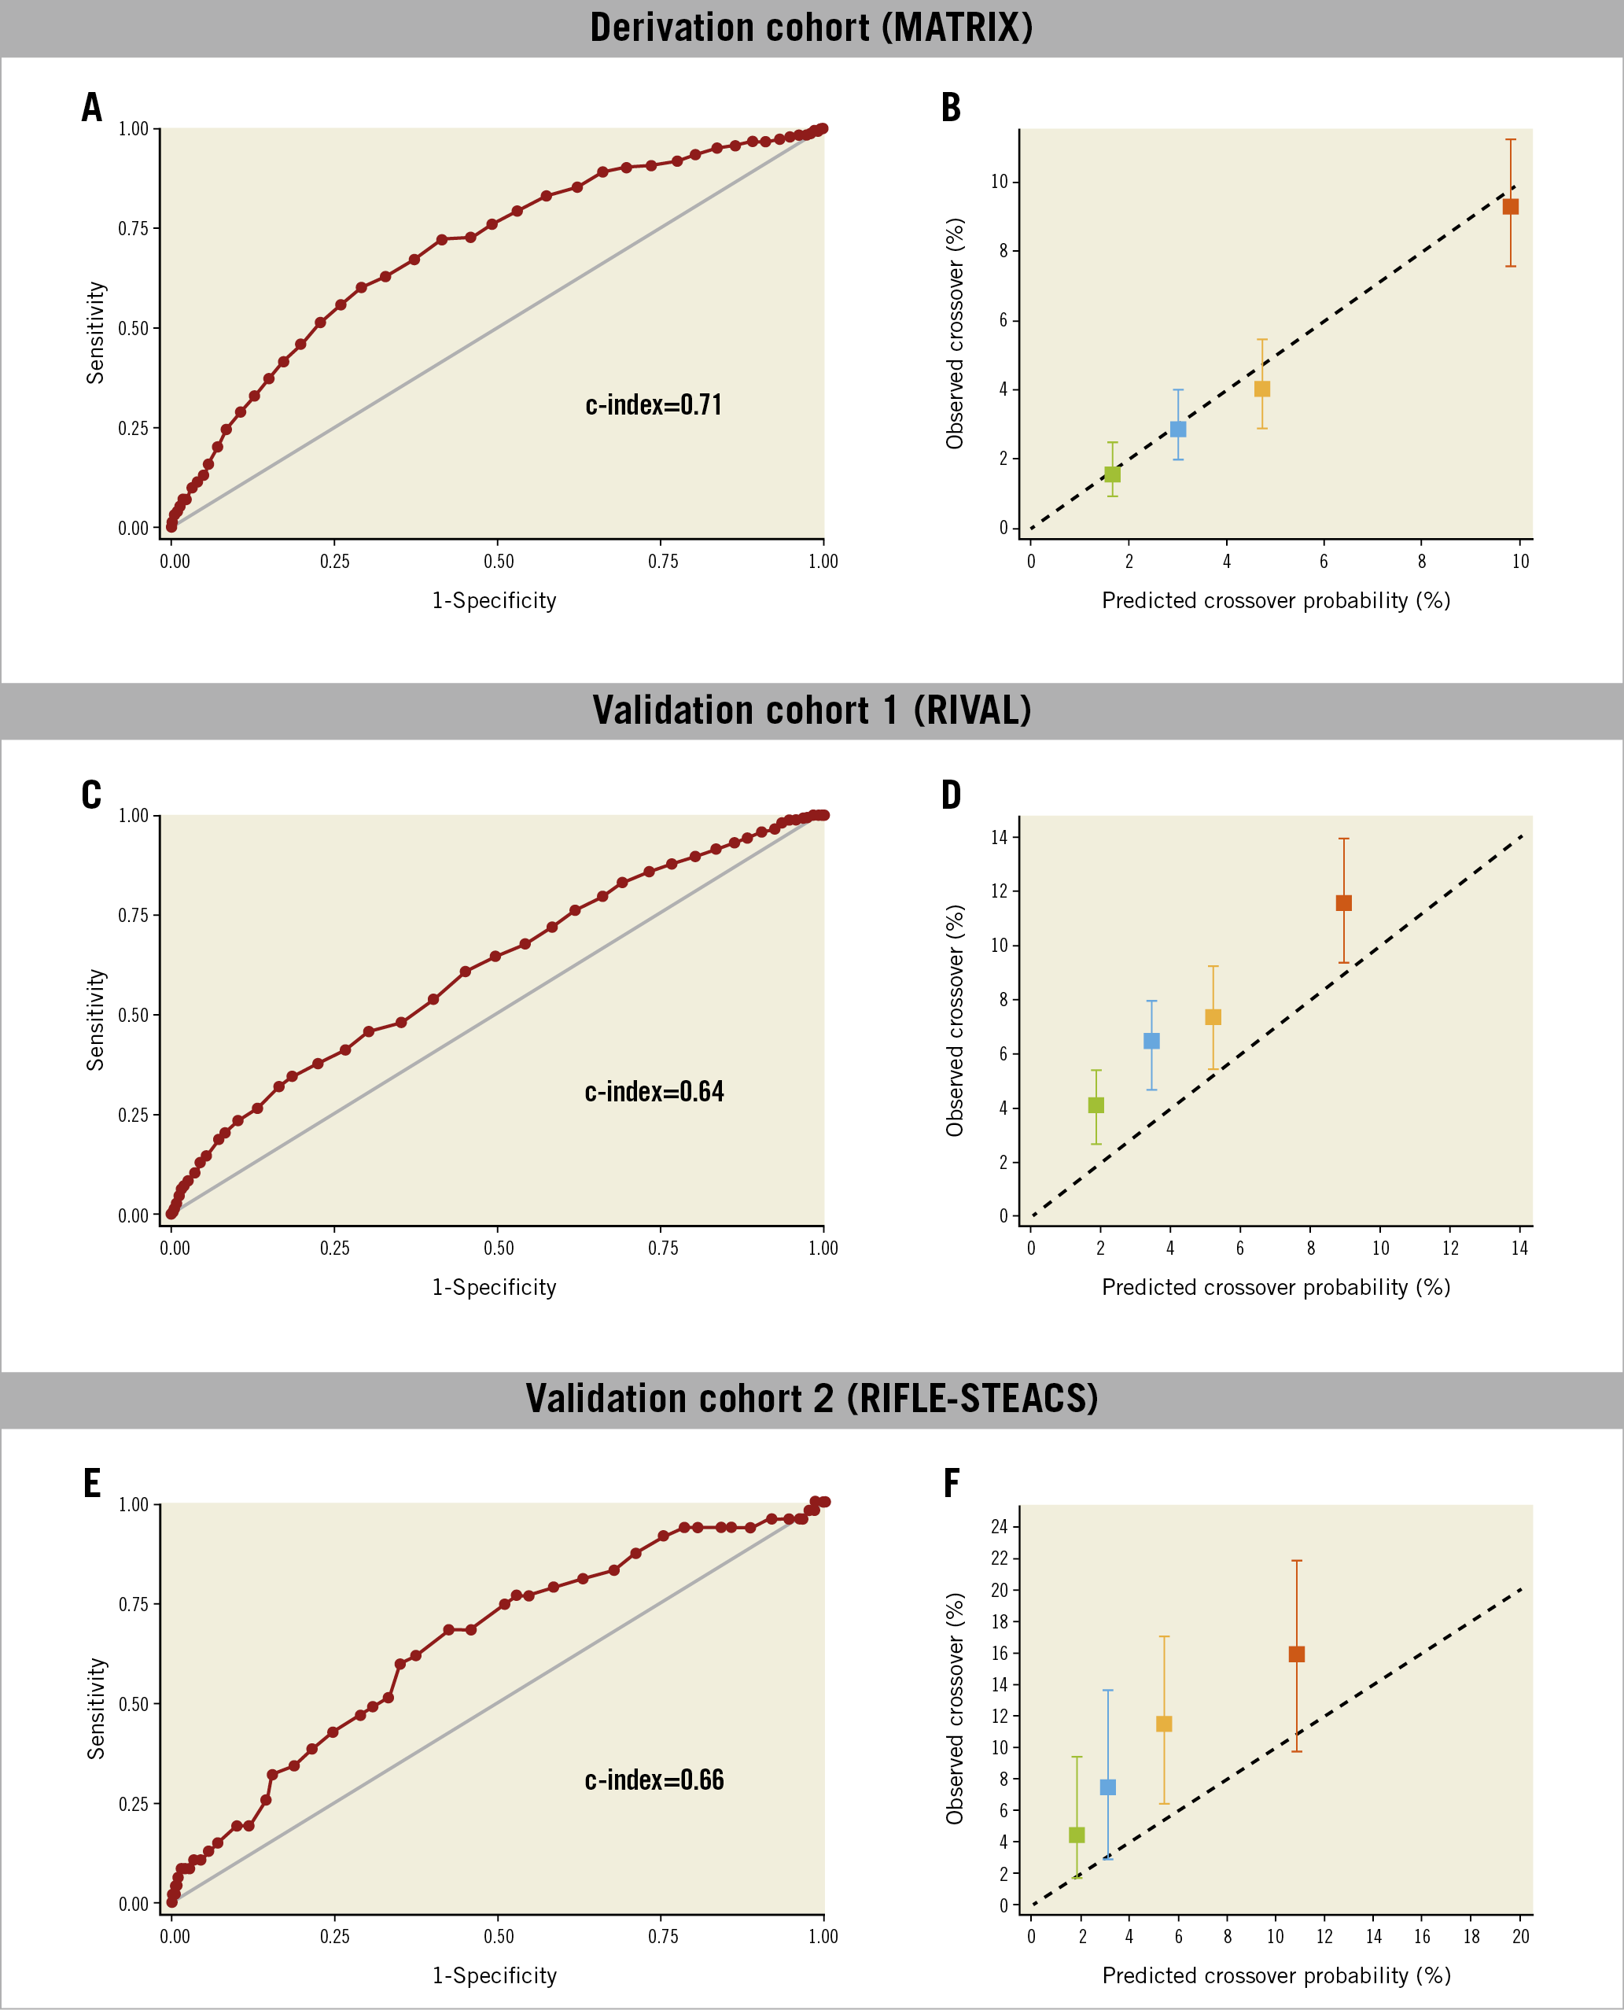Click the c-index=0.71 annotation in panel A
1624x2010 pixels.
click(x=653, y=405)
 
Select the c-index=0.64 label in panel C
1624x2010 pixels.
click(x=654, y=1092)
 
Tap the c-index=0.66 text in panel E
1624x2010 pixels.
click(x=654, y=1779)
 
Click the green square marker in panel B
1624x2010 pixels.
click(x=1112, y=474)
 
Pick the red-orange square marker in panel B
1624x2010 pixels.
click(x=1511, y=207)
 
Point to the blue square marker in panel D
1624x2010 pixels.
click(x=1151, y=1041)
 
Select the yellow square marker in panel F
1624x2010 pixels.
click(x=1164, y=1724)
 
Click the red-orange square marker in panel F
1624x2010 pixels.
click(x=1297, y=1654)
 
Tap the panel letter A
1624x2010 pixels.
click(x=92, y=108)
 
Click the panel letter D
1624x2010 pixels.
click(x=952, y=795)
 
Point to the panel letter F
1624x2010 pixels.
click(x=952, y=1483)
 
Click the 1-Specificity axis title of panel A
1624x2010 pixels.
click(x=494, y=601)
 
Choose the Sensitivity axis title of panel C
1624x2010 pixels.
click(x=95, y=1020)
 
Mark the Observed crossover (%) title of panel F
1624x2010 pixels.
click(x=954, y=1708)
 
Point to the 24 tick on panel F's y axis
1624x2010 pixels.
click(x=999, y=1527)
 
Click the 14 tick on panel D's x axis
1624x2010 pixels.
click(x=1519, y=1248)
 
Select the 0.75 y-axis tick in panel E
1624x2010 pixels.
click(x=133, y=1605)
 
